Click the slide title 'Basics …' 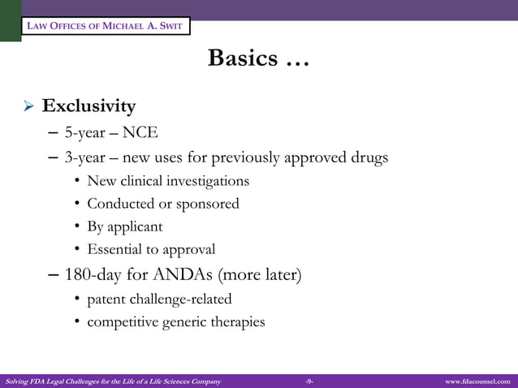point(258,58)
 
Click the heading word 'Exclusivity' point(89,106)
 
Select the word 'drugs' point(365,157)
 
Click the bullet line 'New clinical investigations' point(168,181)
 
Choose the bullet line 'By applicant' point(125,227)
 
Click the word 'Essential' point(116,250)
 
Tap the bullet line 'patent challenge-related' point(159,300)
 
